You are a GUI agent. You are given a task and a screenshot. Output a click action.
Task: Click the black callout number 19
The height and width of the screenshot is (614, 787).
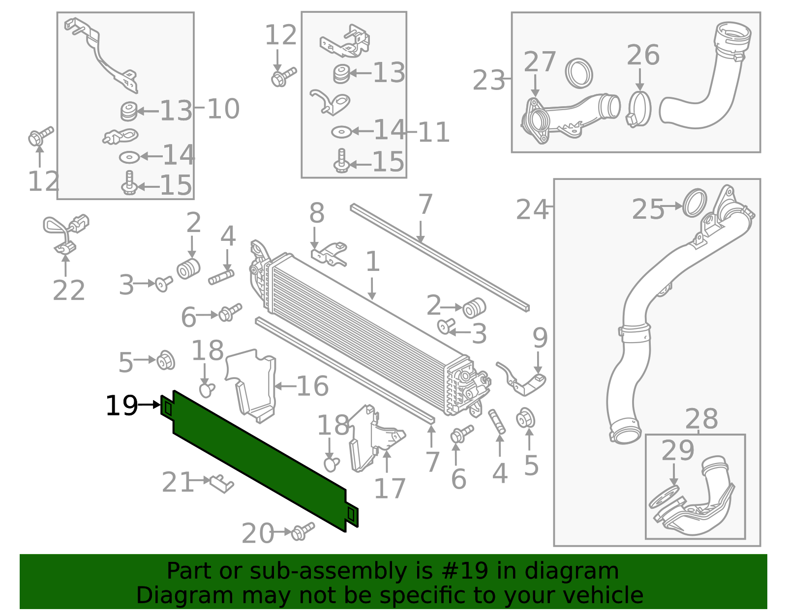pyautogui.click(x=121, y=406)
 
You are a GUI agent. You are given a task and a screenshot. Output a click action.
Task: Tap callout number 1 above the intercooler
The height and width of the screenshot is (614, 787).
pyautogui.click(x=372, y=262)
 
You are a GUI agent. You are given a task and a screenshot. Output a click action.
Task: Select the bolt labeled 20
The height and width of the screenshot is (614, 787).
pyautogui.click(x=302, y=531)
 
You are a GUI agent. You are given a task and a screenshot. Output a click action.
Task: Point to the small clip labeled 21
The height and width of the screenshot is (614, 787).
pyautogui.click(x=221, y=483)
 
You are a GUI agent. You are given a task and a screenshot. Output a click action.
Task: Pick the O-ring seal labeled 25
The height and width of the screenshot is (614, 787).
pyautogui.click(x=695, y=202)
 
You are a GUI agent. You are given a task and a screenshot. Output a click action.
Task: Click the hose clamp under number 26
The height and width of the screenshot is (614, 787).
pyautogui.click(x=639, y=109)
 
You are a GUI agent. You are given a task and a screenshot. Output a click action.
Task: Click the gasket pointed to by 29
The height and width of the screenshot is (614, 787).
pyautogui.click(x=664, y=496)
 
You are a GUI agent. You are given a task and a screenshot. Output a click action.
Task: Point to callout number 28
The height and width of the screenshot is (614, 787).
pyautogui.click(x=701, y=419)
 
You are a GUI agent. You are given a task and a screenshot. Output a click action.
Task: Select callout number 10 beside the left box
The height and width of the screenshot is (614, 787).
pyautogui.click(x=223, y=109)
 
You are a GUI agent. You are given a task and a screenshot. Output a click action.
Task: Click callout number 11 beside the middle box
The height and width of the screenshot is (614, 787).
pyautogui.click(x=433, y=132)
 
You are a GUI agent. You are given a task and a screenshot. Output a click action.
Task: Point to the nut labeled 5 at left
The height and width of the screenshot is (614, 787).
pyautogui.click(x=166, y=361)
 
